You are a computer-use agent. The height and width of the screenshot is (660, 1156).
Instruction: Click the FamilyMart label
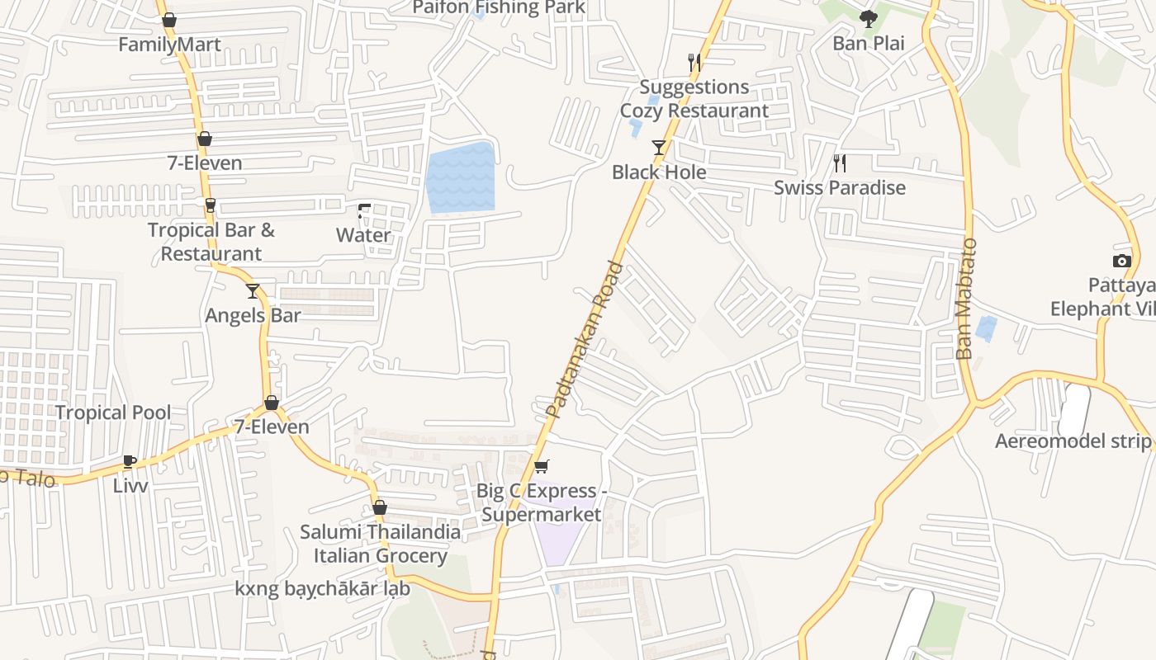pos(169,45)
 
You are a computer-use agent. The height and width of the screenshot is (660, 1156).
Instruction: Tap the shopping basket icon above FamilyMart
pos(169,20)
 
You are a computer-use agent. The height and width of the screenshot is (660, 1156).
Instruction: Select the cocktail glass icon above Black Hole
pos(659,148)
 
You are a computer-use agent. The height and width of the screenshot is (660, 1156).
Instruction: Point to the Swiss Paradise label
pos(839,188)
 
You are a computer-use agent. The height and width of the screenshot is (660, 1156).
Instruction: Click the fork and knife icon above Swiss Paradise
pos(840,163)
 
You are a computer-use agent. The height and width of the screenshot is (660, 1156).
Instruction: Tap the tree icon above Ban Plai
pos(868,19)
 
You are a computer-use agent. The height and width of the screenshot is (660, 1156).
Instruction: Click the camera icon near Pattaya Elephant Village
pos(1121,262)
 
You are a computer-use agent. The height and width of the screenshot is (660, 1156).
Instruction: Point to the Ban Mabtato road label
pos(966,299)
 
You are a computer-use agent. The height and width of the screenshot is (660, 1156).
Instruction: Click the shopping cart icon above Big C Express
pos(542,467)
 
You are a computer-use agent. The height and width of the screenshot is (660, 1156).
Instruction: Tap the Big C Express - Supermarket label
pos(542,502)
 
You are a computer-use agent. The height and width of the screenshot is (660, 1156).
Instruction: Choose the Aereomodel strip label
pos(1073,441)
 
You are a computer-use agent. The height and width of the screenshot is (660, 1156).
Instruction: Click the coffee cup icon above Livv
pos(130,461)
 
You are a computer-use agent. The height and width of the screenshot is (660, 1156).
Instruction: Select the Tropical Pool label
pos(113,412)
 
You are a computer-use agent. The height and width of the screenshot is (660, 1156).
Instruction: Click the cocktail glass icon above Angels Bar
pos(253,291)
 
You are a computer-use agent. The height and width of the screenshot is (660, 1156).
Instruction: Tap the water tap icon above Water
pos(363,211)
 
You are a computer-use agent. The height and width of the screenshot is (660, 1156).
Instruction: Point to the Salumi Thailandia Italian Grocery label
pos(380,544)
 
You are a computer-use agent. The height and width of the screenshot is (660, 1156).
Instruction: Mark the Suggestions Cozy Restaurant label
pos(694,98)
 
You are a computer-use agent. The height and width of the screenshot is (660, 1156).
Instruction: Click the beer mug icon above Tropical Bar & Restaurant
pos(211,205)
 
